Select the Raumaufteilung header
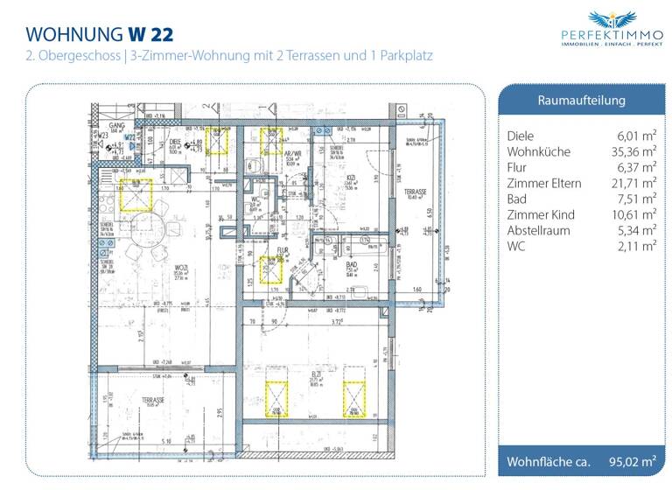[581, 101]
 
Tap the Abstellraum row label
[538, 230]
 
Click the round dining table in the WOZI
[147, 229]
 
